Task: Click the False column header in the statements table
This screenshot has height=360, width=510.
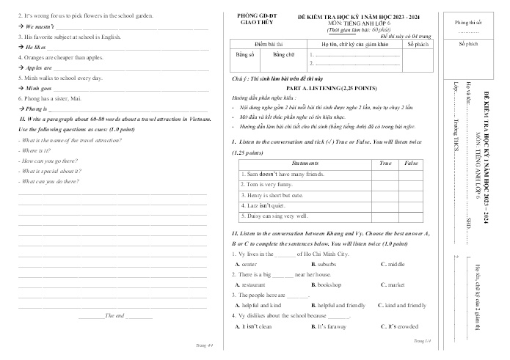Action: [410, 162]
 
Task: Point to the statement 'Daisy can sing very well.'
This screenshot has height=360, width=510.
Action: [275, 216]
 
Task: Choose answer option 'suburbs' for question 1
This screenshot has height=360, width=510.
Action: [323, 262]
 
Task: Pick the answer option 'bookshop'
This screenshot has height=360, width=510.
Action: [326, 284]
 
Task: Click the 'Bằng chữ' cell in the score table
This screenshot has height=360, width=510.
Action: [283, 54]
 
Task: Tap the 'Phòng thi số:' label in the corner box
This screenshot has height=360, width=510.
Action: [469, 23]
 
